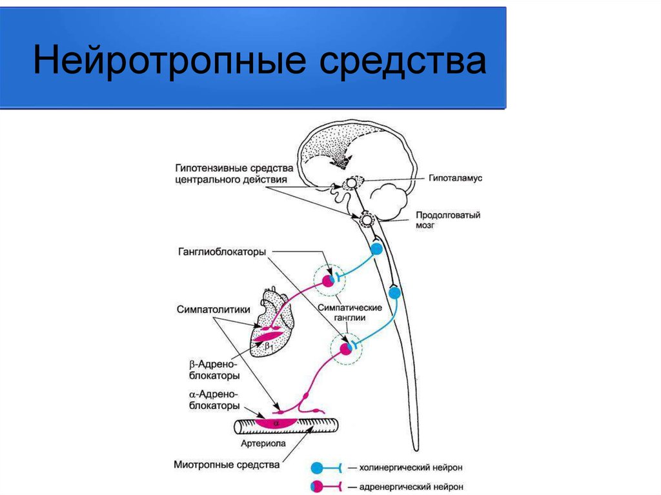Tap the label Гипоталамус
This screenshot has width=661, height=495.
[x=455, y=178]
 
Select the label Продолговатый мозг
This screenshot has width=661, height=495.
[x=448, y=219]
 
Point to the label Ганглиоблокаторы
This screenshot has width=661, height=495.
[x=222, y=252]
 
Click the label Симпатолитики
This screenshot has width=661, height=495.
[x=213, y=310]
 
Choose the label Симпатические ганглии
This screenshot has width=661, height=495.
[x=349, y=312]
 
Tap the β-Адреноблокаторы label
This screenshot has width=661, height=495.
[x=214, y=370]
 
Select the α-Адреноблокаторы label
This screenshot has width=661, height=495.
[x=214, y=400]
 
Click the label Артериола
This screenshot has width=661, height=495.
[x=263, y=443]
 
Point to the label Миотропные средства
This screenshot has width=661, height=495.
[x=227, y=465]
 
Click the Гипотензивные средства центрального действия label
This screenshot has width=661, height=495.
[x=234, y=174]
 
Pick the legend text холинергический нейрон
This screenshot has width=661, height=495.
[x=411, y=468]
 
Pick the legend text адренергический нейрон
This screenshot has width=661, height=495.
[x=411, y=487]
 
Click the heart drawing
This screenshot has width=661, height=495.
[x=272, y=323]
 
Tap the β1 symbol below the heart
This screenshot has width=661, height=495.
[x=269, y=347]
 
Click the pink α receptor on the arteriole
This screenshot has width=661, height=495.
[x=276, y=423]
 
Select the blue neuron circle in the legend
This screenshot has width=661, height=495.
[x=317, y=468]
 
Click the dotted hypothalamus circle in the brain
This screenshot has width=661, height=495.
[x=351, y=183]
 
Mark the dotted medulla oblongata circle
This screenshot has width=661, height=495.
[x=367, y=219]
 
